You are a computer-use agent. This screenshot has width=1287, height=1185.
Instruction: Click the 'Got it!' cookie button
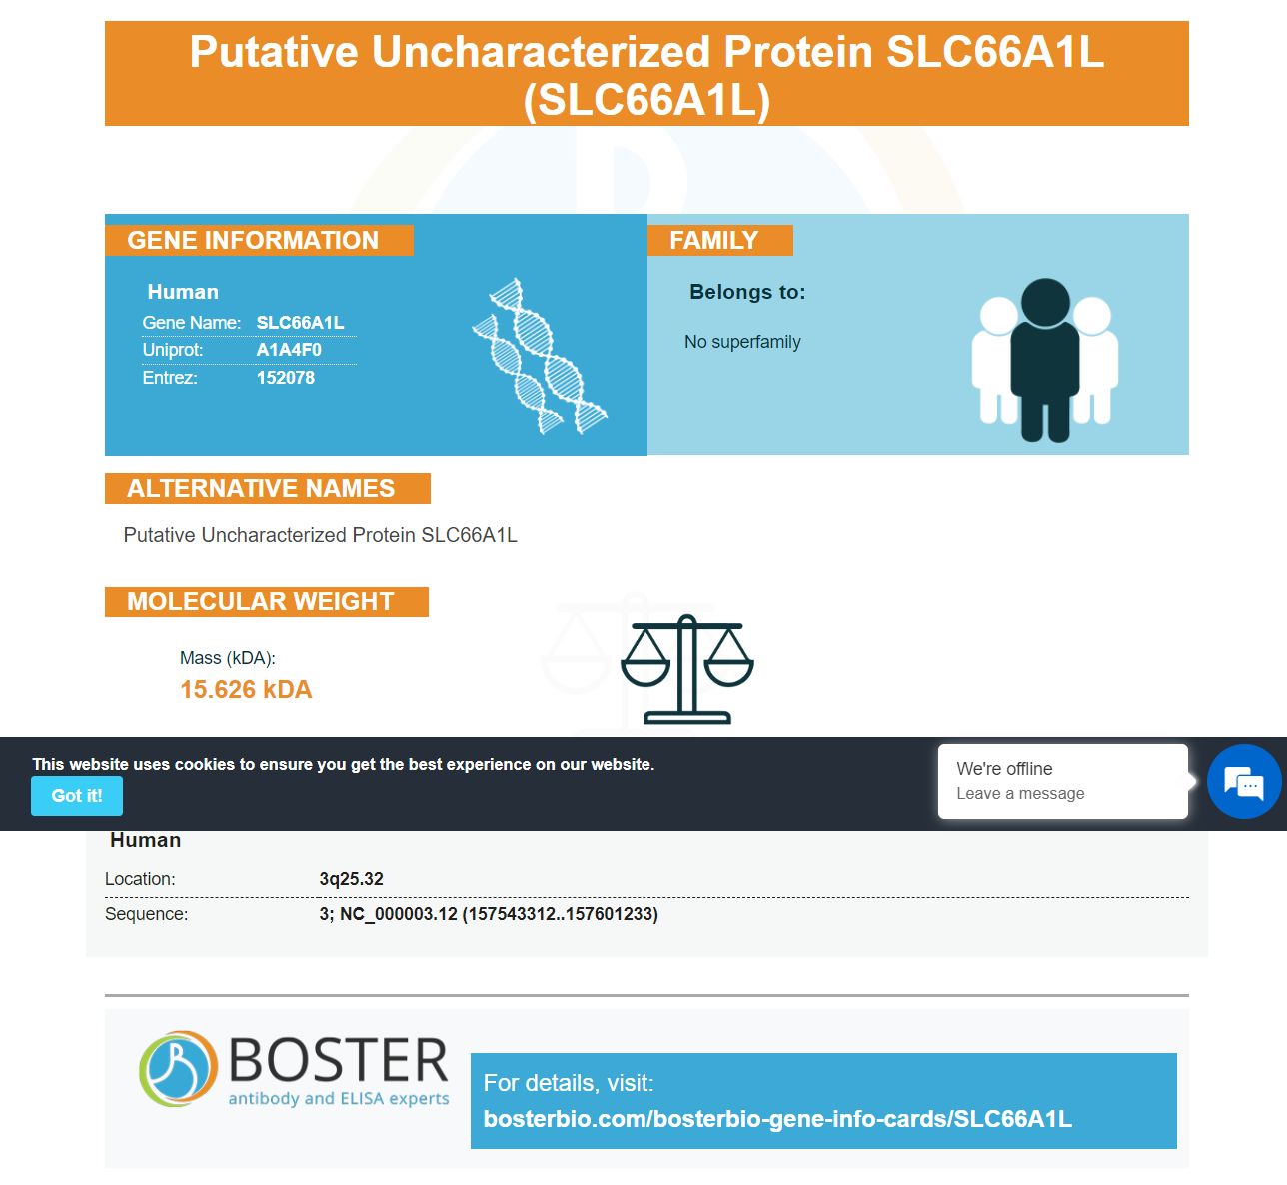[x=76, y=795]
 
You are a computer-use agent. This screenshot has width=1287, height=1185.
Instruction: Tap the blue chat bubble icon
[x=1243, y=781]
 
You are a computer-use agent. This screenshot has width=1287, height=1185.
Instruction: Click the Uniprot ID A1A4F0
[x=289, y=350]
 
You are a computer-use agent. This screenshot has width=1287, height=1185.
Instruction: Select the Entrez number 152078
[x=286, y=378]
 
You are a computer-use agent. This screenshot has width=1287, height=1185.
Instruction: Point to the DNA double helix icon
[x=540, y=356]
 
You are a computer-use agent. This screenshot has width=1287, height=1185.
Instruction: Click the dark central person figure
[x=1044, y=360]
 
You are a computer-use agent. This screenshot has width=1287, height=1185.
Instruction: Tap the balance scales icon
[x=686, y=669]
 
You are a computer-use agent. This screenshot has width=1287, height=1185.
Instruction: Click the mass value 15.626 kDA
[x=246, y=689]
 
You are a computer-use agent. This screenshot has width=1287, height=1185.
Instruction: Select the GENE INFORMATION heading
[x=253, y=240]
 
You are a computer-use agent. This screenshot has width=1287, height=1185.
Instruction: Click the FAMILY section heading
[x=713, y=240]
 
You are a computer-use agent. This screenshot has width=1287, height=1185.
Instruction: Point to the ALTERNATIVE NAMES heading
[x=261, y=488]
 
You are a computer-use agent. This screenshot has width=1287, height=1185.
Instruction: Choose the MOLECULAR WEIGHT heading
[x=260, y=601]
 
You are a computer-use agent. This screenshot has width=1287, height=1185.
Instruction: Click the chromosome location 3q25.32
[x=351, y=878]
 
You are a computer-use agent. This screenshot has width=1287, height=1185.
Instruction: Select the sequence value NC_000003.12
[x=399, y=913]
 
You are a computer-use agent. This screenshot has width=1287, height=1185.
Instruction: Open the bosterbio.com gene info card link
[x=777, y=1118]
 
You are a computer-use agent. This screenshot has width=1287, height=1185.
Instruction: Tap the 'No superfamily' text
[x=742, y=342]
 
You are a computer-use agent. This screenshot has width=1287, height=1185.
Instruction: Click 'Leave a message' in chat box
[x=1020, y=793]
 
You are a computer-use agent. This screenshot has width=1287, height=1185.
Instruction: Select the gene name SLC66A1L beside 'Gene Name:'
[x=300, y=322]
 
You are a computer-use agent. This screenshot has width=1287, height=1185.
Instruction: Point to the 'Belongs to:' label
[x=747, y=292]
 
